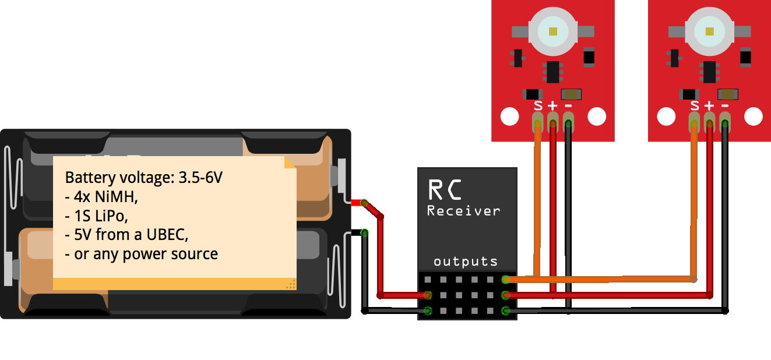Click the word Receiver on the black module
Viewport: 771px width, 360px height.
coord(463,210)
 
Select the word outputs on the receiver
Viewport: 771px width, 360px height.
coord(466,261)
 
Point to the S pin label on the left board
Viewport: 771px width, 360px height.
coord(538,105)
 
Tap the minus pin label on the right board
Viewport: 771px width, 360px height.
coord(725,105)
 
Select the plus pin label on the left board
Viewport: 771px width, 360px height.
coord(552,105)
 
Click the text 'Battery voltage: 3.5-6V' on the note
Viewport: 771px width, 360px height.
coord(143,178)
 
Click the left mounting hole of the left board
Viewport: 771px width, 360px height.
coord(509,117)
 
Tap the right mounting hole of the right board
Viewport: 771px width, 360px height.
coord(754,117)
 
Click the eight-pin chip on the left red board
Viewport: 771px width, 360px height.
coord(552,72)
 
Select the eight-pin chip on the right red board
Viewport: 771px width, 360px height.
coord(709,72)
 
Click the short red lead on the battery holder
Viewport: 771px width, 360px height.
coord(355,202)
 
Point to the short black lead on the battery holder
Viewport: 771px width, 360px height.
coord(355,233)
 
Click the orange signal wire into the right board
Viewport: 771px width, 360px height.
coord(693,198)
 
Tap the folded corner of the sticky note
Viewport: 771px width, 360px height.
coord(290,162)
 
